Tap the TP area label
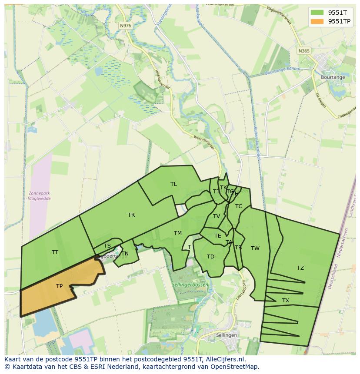pyautogui.click(x=59, y=286)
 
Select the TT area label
pyautogui.click(x=55, y=252)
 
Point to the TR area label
pyautogui.click(x=131, y=215)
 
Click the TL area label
pyautogui.click(x=173, y=184)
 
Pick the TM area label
pyautogui.click(x=178, y=233)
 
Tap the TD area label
pyautogui.click(x=210, y=256)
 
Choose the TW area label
pyautogui.click(x=255, y=248)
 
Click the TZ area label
pyautogui.click(x=300, y=268)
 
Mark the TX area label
pyautogui.click(x=286, y=300)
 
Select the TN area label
pyautogui.click(x=125, y=253)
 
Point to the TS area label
pyautogui.click(x=107, y=246)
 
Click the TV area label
pyautogui.click(x=217, y=216)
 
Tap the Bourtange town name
pyautogui.click(x=333, y=77)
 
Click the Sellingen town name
pyautogui.click(x=227, y=335)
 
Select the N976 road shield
pyautogui.click(x=125, y=26)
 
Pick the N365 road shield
pyautogui.click(x=304, y=51)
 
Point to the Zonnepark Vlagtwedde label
pyautogui.click(x=39, y=195)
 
